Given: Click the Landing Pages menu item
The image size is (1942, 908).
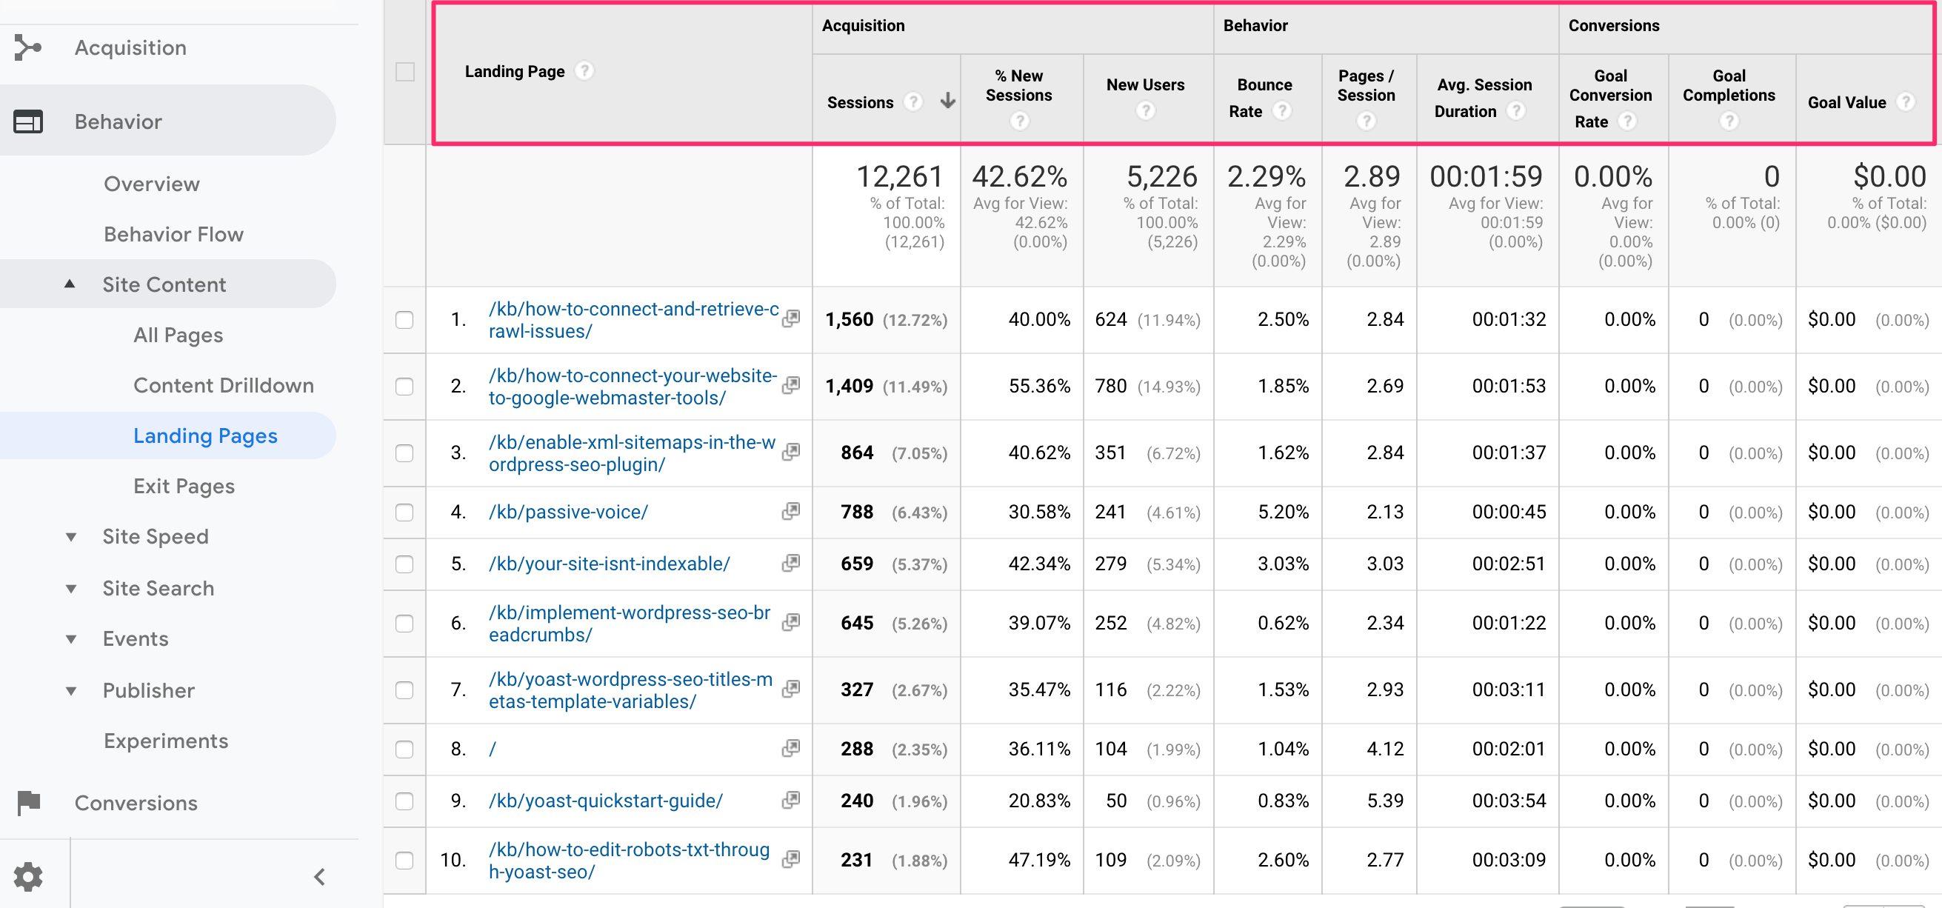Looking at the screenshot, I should click(x=205, y=436).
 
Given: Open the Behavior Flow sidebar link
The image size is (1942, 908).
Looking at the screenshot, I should click(x=173, y=235).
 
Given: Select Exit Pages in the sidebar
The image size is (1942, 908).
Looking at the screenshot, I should click(x=184, y=487).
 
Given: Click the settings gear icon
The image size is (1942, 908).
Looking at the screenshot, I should click(x=29, y=876).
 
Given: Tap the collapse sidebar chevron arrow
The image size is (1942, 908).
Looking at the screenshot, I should click(x=320, y=876).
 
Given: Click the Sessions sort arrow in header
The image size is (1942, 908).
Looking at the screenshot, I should click(x=947, y=101).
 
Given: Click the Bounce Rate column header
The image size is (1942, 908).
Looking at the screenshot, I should click(x=1264, y=98).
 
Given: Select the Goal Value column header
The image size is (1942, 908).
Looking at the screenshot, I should click(x=1846, y=102).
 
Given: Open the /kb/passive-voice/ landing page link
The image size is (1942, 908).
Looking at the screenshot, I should click(x=568, y=512).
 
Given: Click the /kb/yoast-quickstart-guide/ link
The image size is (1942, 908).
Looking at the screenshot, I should click(x=605, y=801).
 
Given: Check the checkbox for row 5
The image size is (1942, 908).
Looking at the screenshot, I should click(x=405, y=564).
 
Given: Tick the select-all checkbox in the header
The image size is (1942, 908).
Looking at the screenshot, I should click(x=405, y=72).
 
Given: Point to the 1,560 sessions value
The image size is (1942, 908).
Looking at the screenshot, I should click(x=849, y=320).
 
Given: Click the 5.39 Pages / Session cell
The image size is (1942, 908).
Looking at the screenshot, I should click(x=1385, y=801).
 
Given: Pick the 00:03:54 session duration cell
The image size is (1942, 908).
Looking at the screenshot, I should click(x=1509, y=801).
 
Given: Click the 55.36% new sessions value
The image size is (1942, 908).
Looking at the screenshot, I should click(x=1039, y=386).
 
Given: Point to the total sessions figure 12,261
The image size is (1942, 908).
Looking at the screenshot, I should click(x=899, y=176).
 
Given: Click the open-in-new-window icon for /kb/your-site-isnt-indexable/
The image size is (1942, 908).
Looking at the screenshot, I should click(x=791, y=564).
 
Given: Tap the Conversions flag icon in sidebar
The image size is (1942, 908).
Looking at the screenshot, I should click(x=29, y=802).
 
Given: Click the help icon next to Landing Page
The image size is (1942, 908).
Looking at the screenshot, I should click(x=584, y=71).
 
